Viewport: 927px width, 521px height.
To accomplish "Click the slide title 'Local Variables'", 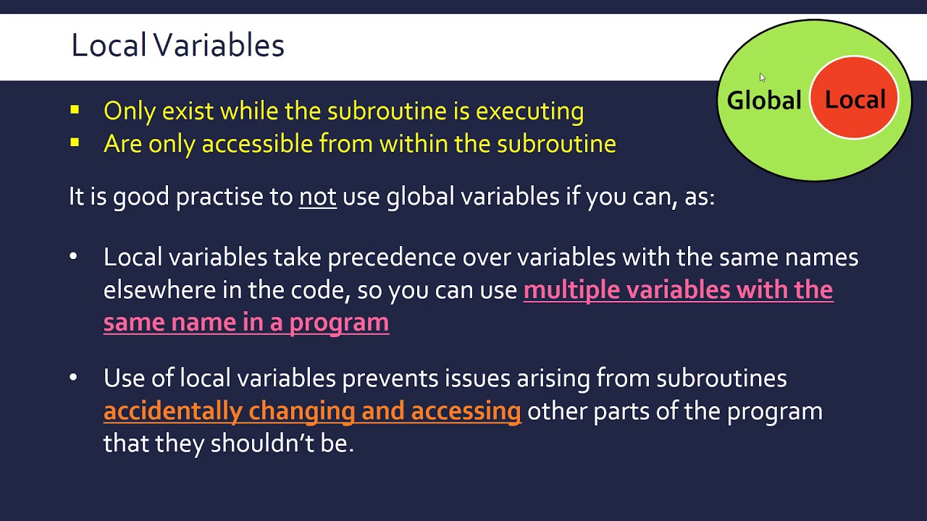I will point(177,46).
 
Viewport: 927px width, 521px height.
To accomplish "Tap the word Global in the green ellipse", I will point(763,101).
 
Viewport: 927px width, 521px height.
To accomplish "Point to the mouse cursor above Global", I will point(762,77).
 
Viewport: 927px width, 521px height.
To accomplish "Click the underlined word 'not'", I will point(317,197).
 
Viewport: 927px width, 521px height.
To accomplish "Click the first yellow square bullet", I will point(75,111).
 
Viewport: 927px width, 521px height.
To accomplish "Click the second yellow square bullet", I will point(75,143).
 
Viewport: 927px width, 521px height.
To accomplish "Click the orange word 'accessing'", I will point(466,411).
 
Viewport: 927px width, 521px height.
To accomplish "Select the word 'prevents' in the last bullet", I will point(390,378).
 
